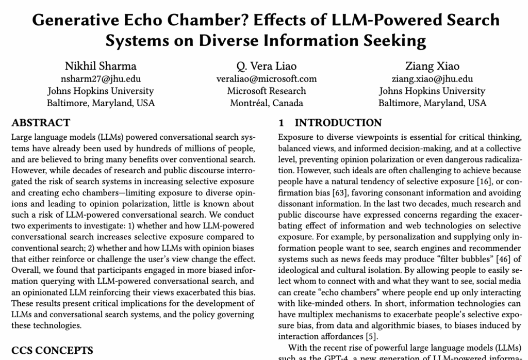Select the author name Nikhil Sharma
click(101, 66)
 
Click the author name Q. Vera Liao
click(267, 66)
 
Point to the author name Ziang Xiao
click(432, 66)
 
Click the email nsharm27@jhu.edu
click(101, 79)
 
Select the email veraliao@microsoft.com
click(267, 79)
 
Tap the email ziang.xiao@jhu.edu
click(432, 79)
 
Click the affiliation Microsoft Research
click(267, 91)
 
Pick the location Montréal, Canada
click(267, 103)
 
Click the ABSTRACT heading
click(41, 123)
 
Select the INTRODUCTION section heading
click(338, 123)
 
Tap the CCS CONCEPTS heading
click(52, 350)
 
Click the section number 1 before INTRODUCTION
click(281, 123)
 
